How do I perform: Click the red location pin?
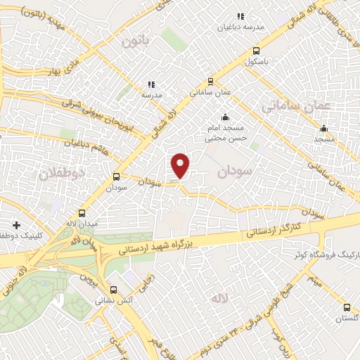181,165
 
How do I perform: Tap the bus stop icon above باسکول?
255,51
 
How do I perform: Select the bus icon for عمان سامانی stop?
211,82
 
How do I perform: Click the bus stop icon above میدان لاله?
82,213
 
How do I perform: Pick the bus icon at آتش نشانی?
113,289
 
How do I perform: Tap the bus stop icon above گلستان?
347,307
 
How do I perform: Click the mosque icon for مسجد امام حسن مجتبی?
224,117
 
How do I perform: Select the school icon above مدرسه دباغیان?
240,15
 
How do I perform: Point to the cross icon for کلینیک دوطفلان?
16,225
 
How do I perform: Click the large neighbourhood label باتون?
137,41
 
